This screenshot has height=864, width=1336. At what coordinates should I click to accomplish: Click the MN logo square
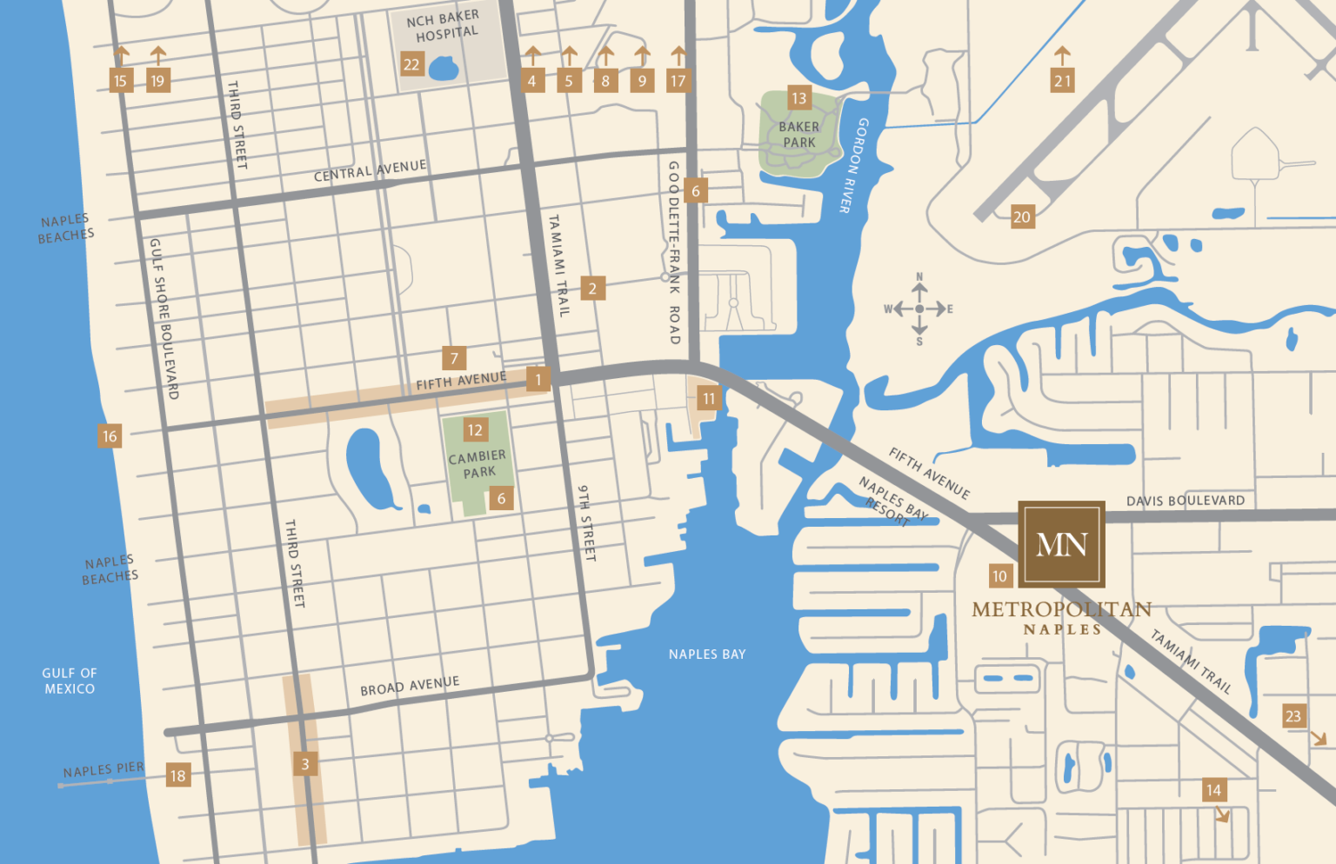click(x=1061, y=544)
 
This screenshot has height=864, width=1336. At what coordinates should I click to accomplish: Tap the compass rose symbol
click(x=919, y=309)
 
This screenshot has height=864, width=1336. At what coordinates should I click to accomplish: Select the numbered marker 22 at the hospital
click(x=411, y=64)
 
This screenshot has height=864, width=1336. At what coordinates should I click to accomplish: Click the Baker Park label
click(x=798, y=135)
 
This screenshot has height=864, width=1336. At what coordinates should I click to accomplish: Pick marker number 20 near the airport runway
click(x=1022, y=217)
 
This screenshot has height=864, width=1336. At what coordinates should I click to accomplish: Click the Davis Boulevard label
click(x=1185, y=501)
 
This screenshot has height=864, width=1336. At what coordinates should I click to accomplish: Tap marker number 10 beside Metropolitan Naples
click(x=1000, y=575)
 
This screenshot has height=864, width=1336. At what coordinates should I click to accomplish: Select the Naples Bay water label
click(x=707, y=655)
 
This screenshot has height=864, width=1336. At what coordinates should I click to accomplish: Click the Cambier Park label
click(x=478, y=464)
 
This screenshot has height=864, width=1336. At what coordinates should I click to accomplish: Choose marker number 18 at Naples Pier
click(x=178, y=775)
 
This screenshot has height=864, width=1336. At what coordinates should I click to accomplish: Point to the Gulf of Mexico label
click(x=70, y=681)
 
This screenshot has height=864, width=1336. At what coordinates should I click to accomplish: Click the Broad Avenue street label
click(x=410, y=686)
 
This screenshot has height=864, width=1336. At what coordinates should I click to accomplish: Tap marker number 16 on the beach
click(x=110, y=436)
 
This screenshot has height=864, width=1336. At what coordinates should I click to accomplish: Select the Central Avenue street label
click(x=370, y=170)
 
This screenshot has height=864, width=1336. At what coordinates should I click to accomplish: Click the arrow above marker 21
click(x=1062, y=56)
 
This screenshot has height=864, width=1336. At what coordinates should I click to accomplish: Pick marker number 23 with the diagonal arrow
click(x=1293, y=716)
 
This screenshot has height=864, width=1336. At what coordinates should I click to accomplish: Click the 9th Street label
click(x=587, y=522)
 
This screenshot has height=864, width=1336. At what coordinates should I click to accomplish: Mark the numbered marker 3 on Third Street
click(x=305, y=764)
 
